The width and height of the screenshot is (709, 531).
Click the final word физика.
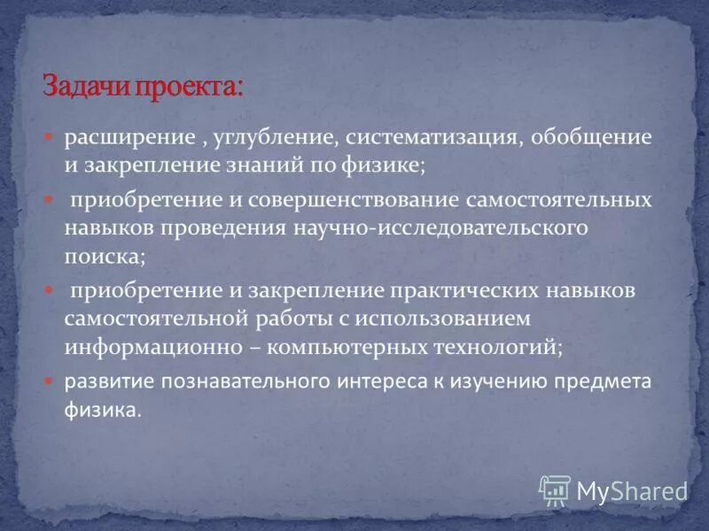(x=102, y=411)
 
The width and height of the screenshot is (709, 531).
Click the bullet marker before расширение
(x=50, y=137)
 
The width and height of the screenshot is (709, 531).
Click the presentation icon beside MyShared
(x=555, y=489)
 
